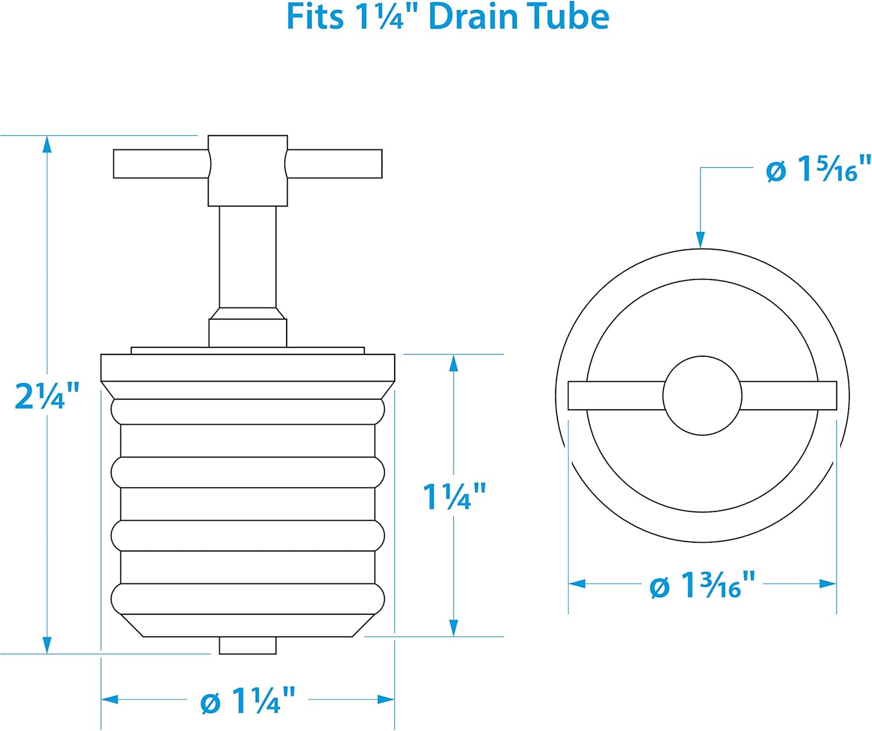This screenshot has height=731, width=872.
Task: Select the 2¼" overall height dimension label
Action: tap(47, 397)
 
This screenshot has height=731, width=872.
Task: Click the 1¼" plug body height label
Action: tap(453, 497)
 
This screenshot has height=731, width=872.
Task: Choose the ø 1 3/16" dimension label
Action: tap(702, 585)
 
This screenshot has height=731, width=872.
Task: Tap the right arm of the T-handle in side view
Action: tap(335, 164)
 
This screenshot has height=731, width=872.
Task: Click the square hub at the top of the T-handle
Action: tap(248, 170)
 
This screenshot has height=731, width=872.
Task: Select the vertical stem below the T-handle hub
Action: tap(248, 257)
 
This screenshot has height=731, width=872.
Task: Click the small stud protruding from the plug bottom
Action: tap(248, 646)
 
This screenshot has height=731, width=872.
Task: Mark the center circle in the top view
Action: tap(702, 396)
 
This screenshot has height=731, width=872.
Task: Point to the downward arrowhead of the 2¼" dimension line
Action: tap(47, 645)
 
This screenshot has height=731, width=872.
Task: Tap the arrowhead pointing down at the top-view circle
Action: tap(701, 239)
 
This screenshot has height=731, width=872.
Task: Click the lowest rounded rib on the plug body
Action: tap(248, 599)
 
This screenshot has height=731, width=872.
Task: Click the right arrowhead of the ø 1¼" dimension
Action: tap(386, 700)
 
